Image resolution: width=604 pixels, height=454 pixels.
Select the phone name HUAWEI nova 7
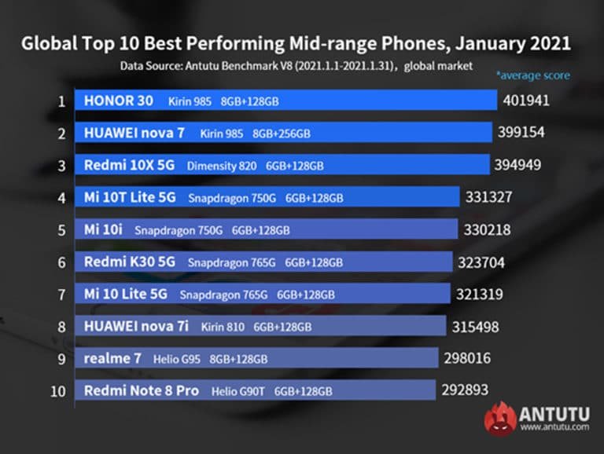click(x=134, y=134)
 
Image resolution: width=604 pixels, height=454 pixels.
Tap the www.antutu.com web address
click(x=554, y=427)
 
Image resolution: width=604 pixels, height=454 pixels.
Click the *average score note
click(x=532, y=76)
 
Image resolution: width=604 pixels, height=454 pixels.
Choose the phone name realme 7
click(x=112, y=358)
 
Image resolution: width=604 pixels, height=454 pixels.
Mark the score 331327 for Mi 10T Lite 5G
click(x=492, y=197)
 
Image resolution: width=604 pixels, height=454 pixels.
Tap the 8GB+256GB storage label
click(x=282, y=134)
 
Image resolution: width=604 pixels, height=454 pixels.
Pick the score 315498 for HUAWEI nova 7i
click(x=476, y=326)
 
